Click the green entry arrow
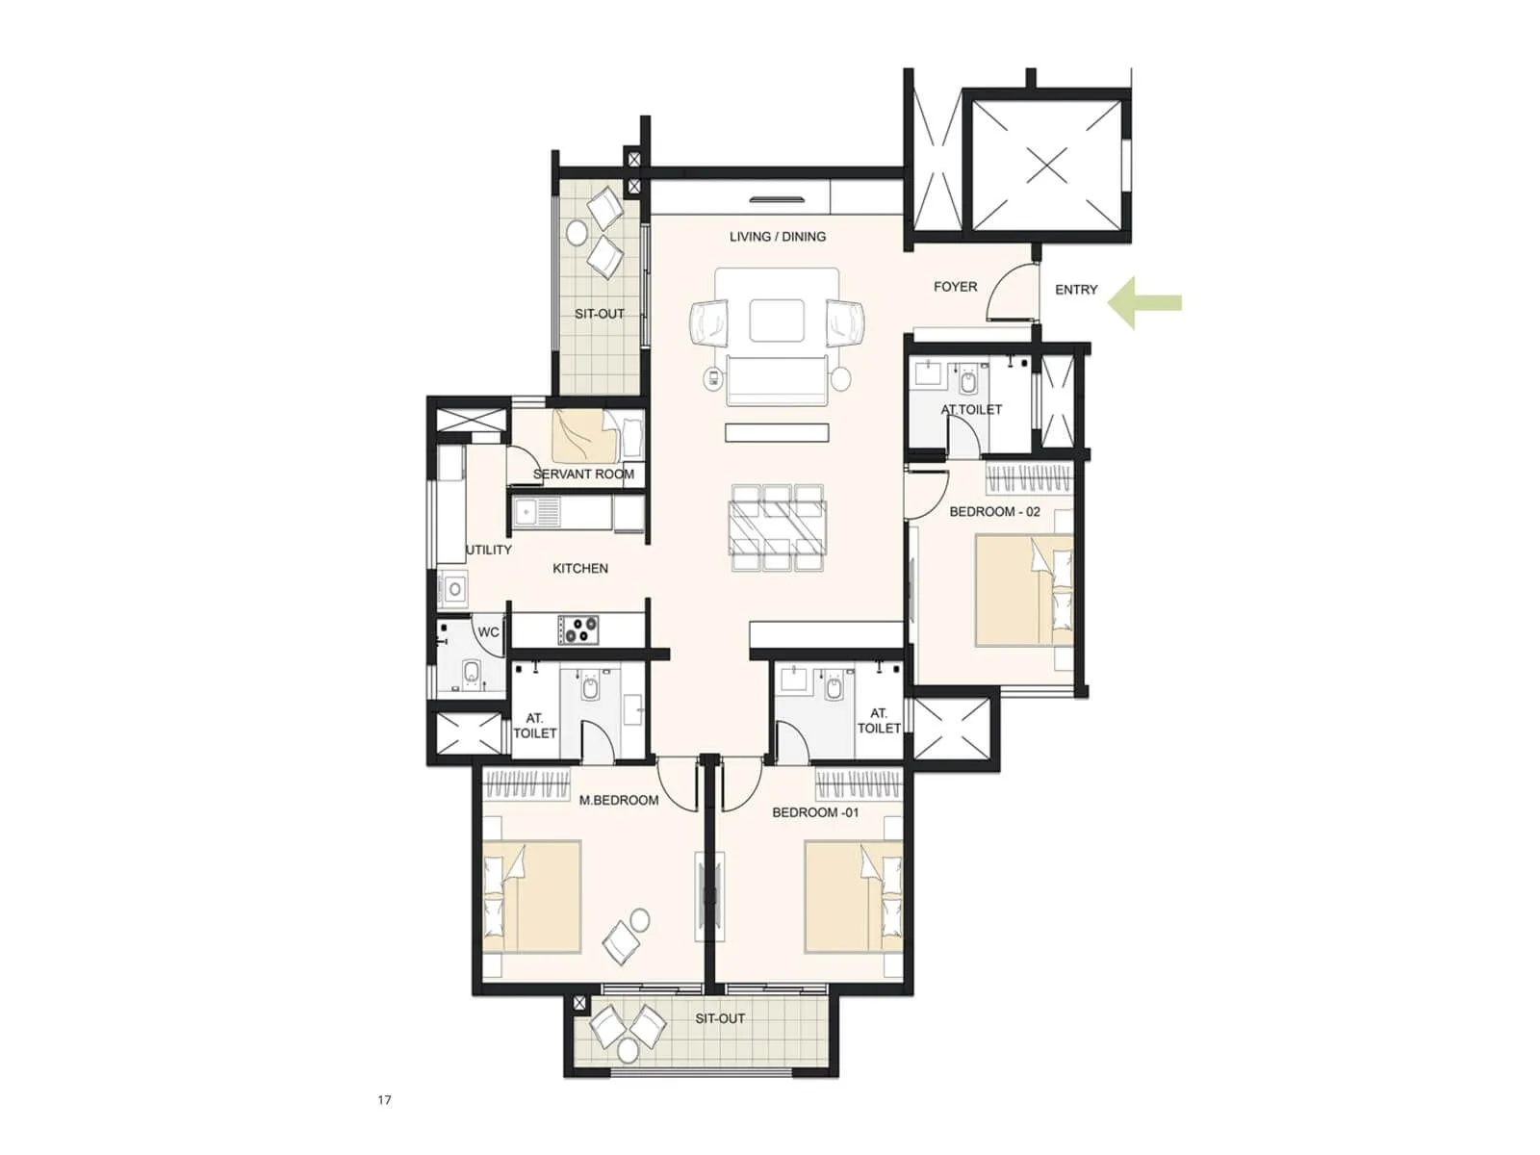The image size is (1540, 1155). coord(1144,302)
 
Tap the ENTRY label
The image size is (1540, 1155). coord(1076,289)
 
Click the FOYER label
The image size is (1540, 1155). coord(955,286)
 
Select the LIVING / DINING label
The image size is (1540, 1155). coord(777,236)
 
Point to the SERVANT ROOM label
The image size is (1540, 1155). coord(583,474)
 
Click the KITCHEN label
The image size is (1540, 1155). coord(579,568)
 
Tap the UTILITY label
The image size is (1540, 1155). coord(489,550)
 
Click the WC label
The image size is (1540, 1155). coord(488,632)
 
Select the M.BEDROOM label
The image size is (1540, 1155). coord(619,800)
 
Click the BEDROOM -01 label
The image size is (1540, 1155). coord(815,812)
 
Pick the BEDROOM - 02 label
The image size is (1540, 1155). coord(994,511)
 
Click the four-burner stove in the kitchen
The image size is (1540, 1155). coord(577,630)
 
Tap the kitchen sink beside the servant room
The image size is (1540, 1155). coord(535,511)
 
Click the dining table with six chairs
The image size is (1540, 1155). coord(777,527)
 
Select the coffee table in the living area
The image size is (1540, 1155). coord(777,321)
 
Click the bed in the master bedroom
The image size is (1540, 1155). coord(531,896)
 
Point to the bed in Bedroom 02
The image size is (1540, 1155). coord(1023,589)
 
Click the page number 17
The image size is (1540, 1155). coord(384,1099)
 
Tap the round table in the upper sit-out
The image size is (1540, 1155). coord(577,232)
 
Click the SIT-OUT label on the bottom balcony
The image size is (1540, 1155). coord(720,1018)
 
